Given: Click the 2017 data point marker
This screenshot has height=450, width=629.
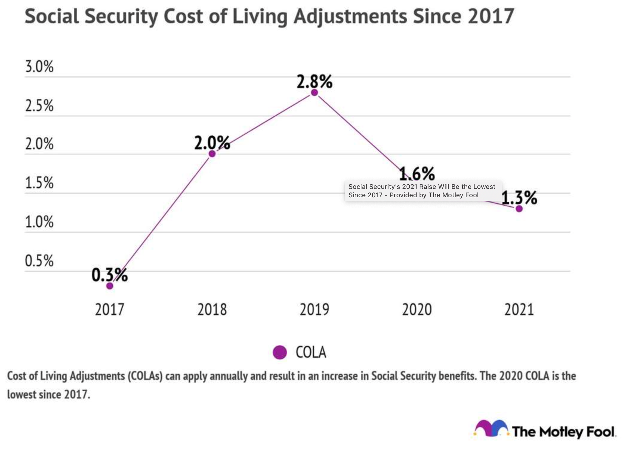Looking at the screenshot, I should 110,286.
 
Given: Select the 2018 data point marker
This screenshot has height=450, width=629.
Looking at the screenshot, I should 212,154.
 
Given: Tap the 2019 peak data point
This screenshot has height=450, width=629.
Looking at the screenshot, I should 314,92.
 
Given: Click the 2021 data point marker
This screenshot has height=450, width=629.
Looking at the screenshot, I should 519,209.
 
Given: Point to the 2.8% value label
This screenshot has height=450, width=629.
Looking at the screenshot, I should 314,81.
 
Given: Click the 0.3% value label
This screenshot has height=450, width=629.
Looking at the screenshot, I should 110,275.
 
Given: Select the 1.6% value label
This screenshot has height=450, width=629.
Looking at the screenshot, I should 417,173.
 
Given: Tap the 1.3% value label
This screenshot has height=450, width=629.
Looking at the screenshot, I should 519,198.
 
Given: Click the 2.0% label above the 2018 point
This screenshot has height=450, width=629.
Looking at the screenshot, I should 212,143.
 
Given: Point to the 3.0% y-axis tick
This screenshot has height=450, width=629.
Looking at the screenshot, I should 39,66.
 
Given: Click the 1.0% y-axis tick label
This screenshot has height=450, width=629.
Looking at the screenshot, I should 39,222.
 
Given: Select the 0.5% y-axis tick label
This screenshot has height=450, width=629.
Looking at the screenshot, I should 39,261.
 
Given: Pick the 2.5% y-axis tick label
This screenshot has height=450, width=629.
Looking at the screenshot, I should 39,105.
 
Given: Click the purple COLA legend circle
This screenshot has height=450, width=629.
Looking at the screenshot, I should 280,352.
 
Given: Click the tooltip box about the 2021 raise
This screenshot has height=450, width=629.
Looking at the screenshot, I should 423,191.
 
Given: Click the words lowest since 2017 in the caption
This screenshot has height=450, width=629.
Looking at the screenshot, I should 49,395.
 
